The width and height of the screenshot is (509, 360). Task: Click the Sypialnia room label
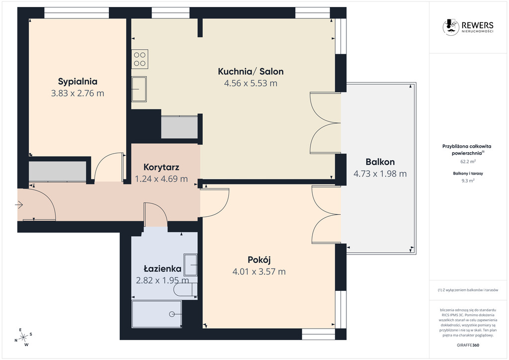tap(78, 82)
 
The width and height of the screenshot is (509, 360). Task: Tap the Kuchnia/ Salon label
tap(251, 72)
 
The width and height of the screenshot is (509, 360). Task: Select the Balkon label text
tap(380, 162)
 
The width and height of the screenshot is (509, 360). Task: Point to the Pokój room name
tap(259, 260)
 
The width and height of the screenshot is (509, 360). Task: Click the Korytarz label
tap(162, 167)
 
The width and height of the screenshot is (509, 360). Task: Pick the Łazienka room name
tap(163, 269)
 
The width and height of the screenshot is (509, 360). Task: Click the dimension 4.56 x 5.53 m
tap(251, 83)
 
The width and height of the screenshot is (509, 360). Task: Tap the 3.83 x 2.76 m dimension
tap(78, 93)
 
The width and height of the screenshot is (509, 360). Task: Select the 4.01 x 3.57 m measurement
tap(259, 271)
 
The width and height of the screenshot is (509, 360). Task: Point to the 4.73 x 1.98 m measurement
tap(380, 174)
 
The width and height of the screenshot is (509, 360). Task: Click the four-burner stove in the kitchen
tap(140, 59)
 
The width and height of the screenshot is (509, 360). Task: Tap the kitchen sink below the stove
tap(139, 89)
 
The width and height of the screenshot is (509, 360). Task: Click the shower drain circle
tap(171, 314)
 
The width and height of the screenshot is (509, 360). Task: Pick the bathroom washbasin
tap(190, 265)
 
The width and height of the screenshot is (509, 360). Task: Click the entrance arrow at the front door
tap(19, 205)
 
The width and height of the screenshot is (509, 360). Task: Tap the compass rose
tap(23, 337)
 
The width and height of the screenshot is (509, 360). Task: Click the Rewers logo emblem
tap(450, 27)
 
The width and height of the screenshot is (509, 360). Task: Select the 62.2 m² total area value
tap(468, 161)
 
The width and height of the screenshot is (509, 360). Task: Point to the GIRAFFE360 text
tap(468, 345)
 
